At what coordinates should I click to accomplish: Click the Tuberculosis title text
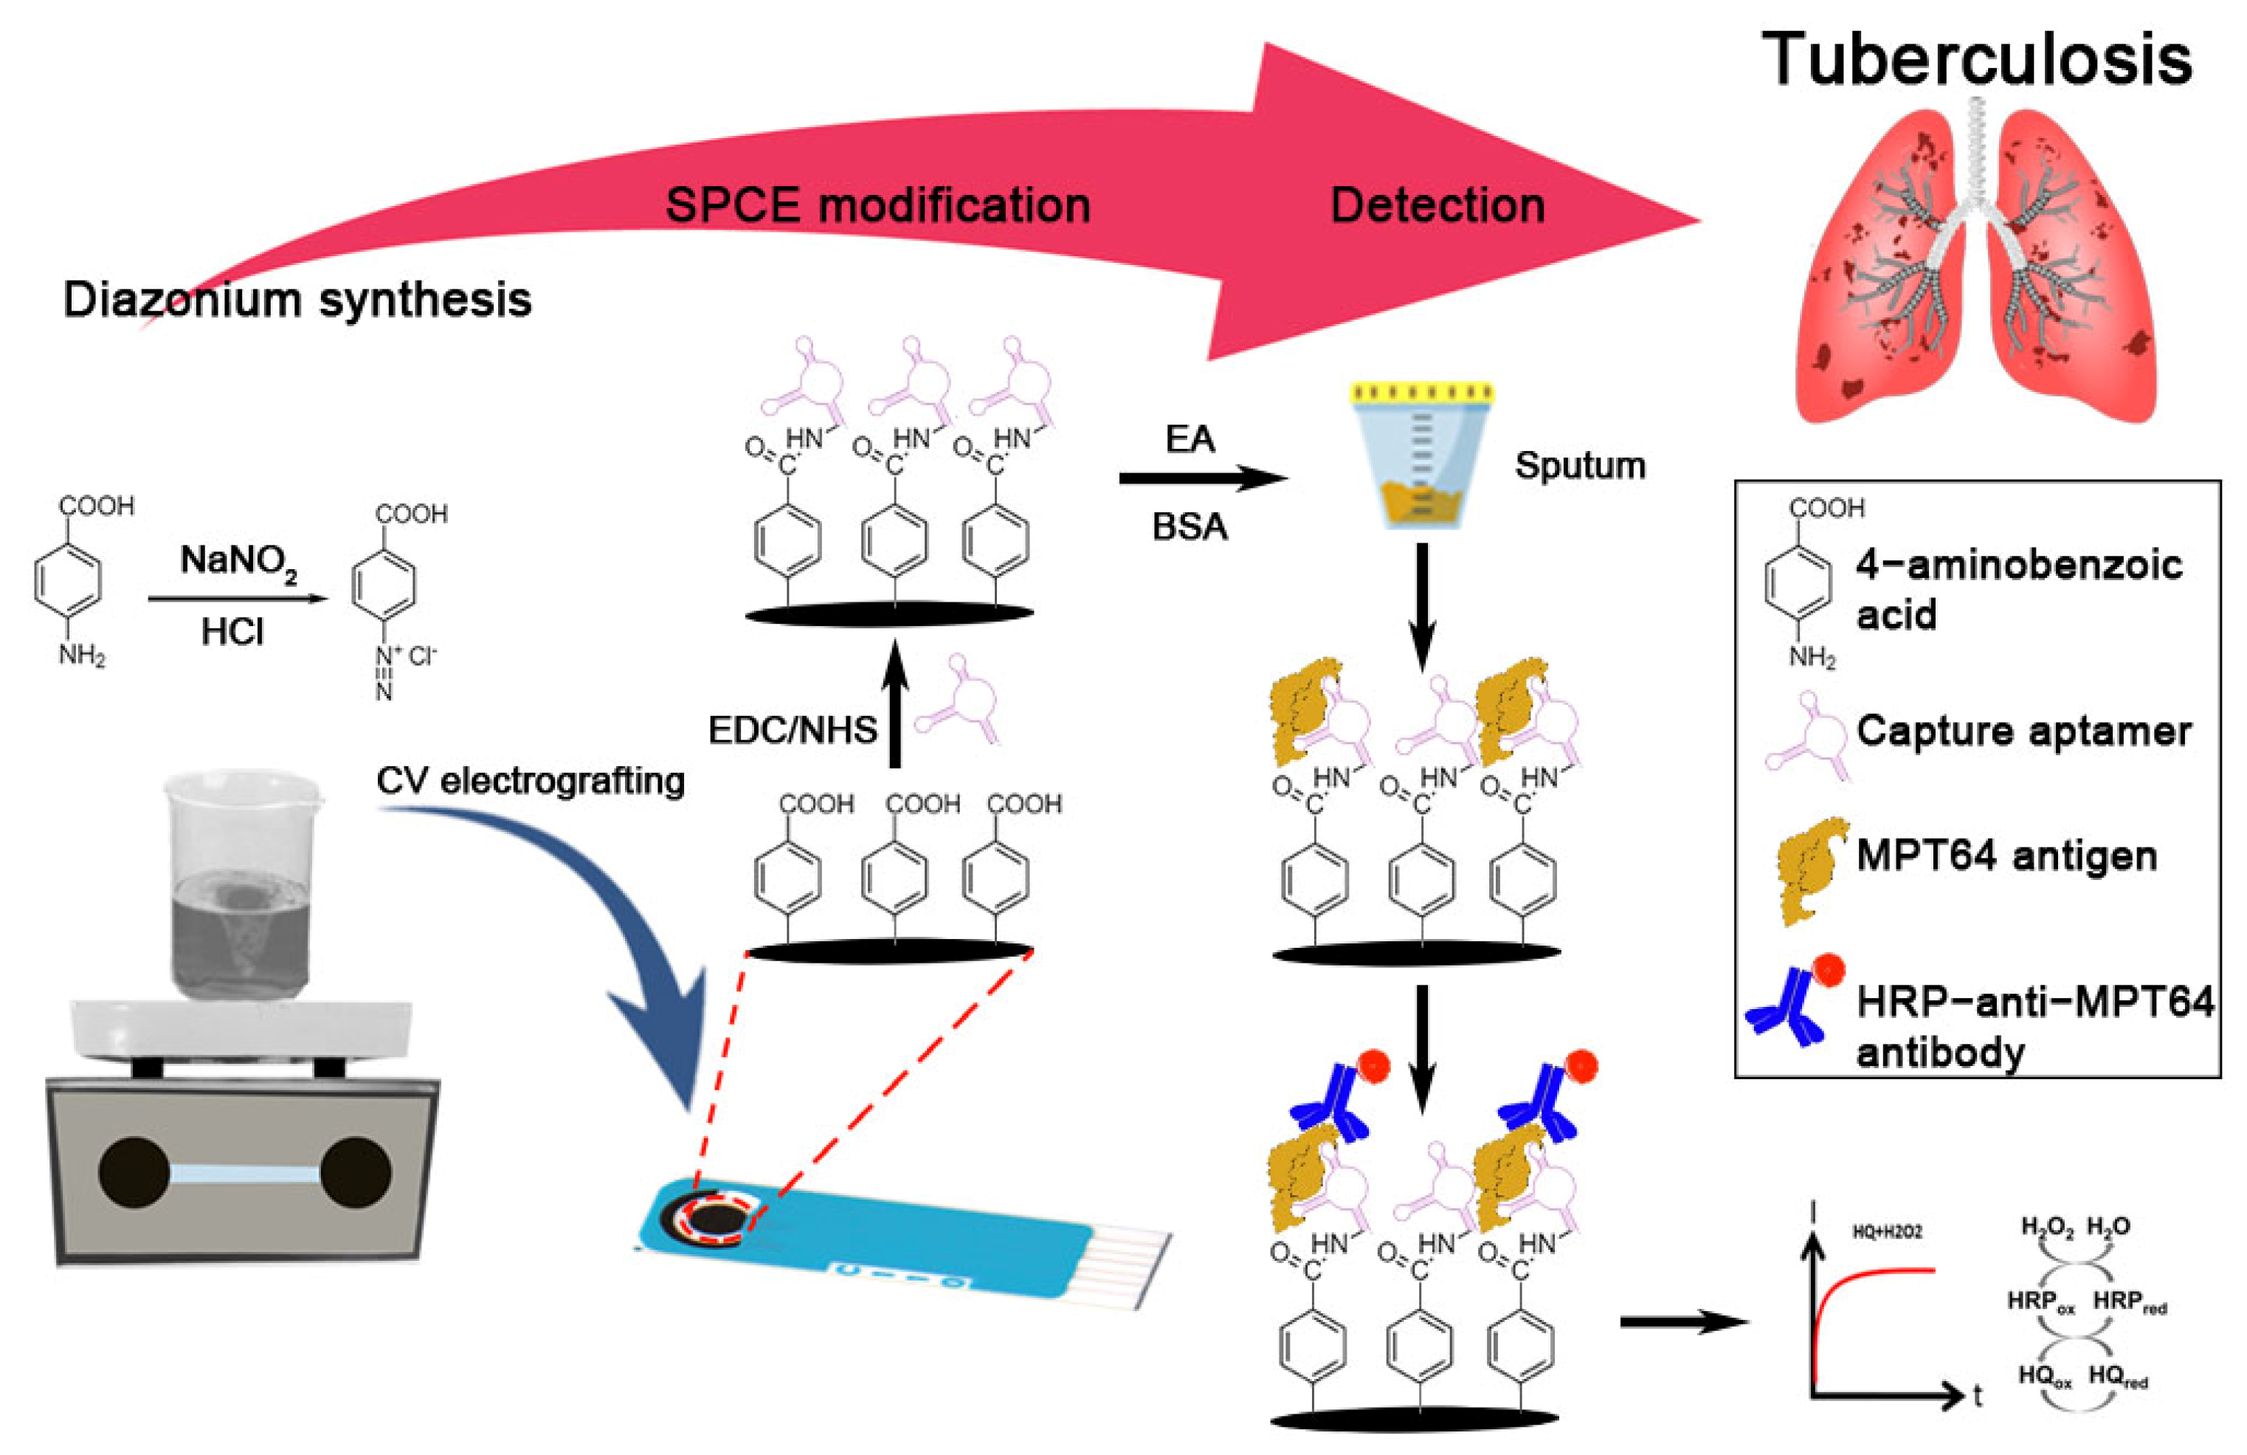(1976, 58)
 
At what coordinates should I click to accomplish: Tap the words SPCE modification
(877, 205)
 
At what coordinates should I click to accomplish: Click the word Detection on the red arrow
(1437, 205)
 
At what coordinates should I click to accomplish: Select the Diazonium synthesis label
(297, 299)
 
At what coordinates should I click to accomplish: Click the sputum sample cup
(1421, 453)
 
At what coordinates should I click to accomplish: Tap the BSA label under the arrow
(1190, 526)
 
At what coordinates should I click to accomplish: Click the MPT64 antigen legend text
(2006, 856)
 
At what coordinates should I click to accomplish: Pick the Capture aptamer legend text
(2023, 731)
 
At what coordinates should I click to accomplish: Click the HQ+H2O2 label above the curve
(1886, 1232)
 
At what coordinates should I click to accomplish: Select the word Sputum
(1579, 466)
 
